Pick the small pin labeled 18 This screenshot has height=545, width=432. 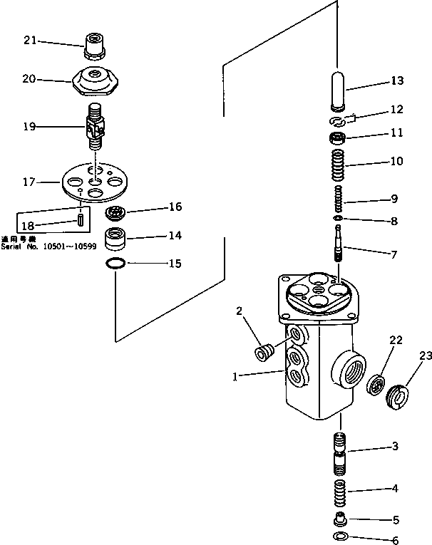81,219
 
